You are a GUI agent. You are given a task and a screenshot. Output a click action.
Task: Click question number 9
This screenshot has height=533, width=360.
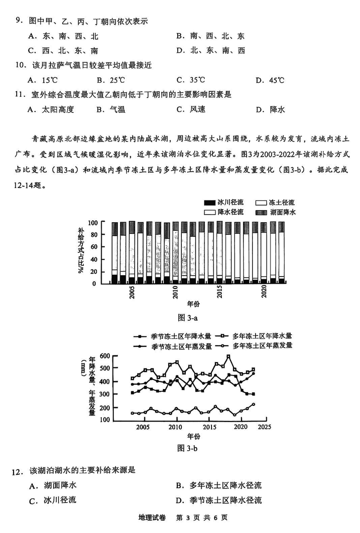(18, 21)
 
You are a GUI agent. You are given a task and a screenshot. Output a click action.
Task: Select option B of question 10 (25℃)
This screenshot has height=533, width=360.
(111, 80)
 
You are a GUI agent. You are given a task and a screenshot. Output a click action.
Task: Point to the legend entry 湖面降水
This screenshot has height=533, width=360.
(282, 211)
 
